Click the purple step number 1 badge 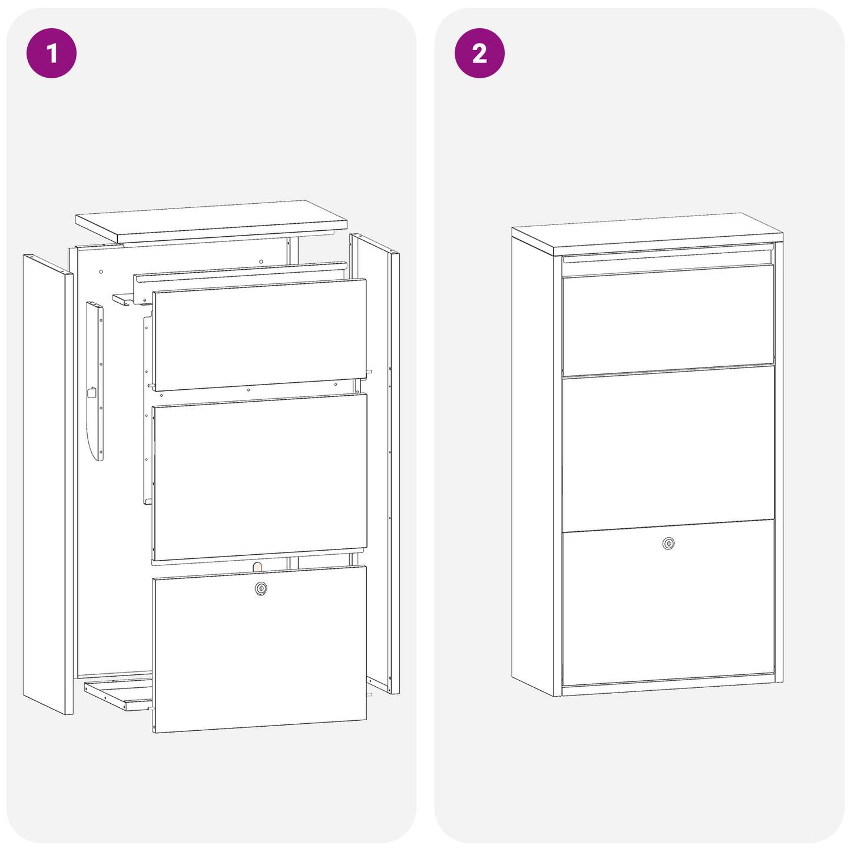click(x=52, y=53)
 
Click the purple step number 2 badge click(x=479, y=53)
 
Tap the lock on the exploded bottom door click(x=260, y=588)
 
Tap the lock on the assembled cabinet click(x=668, y=544)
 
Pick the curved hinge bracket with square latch click(x=95, y=383)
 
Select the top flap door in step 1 click(x=259, y=335)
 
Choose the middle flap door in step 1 click(x=259, y=477)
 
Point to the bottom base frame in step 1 click(x=118, y=696)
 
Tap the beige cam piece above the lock click(x=257, y=566)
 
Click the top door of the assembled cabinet click(x=668, y=318)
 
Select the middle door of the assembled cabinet click(x=668, y=448)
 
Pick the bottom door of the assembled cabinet click(x=668, y=612)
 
